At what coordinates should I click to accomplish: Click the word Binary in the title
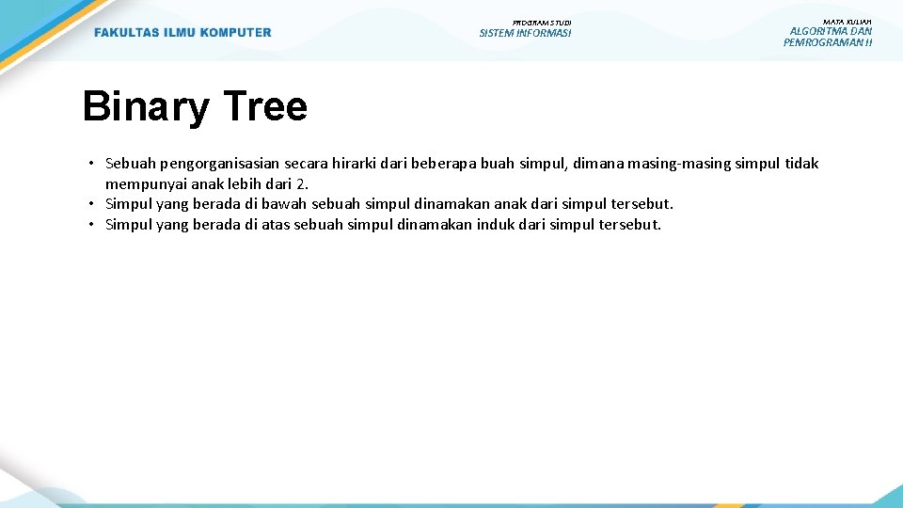coord(146,107)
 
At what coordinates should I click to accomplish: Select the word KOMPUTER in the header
coord(234,33)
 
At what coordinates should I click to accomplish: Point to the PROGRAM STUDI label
coord(542,23)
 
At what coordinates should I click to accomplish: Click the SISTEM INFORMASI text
coord(525,34)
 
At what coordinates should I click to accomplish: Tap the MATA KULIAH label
coord(847,21)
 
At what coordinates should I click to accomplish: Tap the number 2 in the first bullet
coord(303,183)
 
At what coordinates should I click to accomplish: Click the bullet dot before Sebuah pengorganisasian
coord(93,164)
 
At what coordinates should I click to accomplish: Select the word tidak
coord(801,164)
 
